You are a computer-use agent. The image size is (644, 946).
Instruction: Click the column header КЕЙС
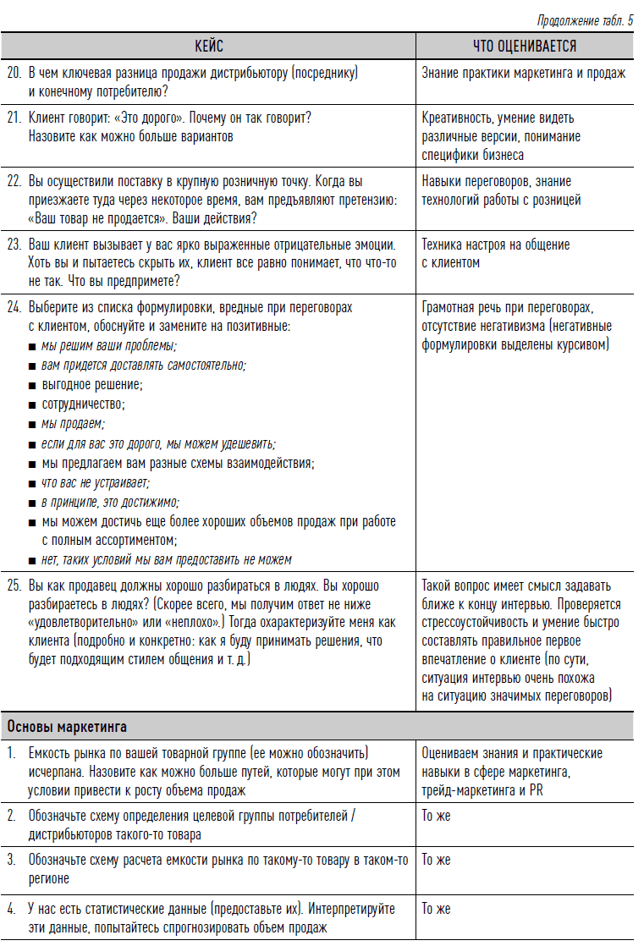point(208,46)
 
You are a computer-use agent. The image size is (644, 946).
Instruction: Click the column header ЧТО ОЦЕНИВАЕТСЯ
point(524,46)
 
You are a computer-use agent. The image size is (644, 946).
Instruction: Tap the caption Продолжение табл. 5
point(585,20)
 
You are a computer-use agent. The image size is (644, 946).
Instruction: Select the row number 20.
point(14,74)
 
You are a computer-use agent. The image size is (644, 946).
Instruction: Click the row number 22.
point(14,181)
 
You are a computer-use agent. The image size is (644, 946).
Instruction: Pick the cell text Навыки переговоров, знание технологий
point(496,190)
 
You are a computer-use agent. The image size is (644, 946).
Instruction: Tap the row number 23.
point(14,245)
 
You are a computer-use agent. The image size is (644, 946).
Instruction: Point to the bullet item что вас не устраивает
point(95,482)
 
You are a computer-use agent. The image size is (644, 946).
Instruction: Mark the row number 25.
point(14,586)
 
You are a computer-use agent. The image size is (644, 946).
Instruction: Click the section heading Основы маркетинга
point(67,726)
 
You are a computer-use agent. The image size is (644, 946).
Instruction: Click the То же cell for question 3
point(436,860)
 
